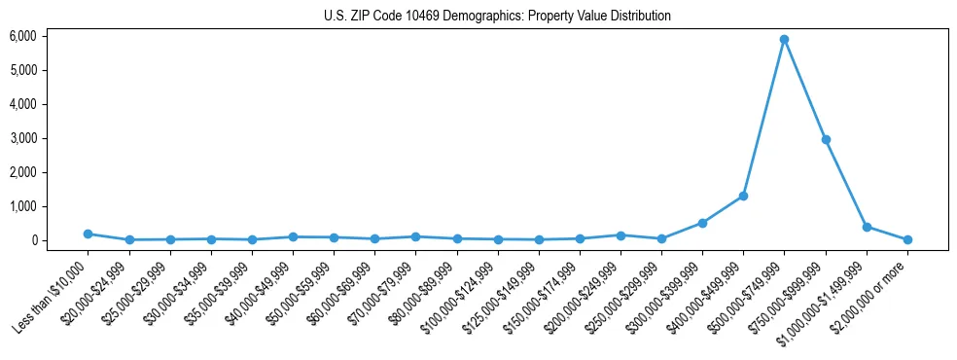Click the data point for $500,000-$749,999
pyautogui.click(x=784, y=40)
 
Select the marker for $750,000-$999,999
pyautogui.click(x=826, y=140)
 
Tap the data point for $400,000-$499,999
pyautogui.click(x=743, y=196)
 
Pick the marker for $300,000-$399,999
pyautogui.click(x=702, y=223)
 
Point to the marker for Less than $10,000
pyautogui.click(x=88, y=234)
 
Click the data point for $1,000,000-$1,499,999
pyautogui.click(x=867, y=227)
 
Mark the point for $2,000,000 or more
pyautogui.click(x=907, y=239)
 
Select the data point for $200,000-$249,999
pyautogui.click(x=620, y=235)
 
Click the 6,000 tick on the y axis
pyautogui.click(x=22, y=36)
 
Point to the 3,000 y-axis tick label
pyautogui.click(x=22, y=138)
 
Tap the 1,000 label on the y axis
pyautogui.click(x=22, y=206)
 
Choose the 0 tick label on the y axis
pyautogui.click(x=32, y=240)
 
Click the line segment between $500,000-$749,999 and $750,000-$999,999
pyautogui.click(x=805, y=90)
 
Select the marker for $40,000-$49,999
pyautogui.click(x=293, y=236)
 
